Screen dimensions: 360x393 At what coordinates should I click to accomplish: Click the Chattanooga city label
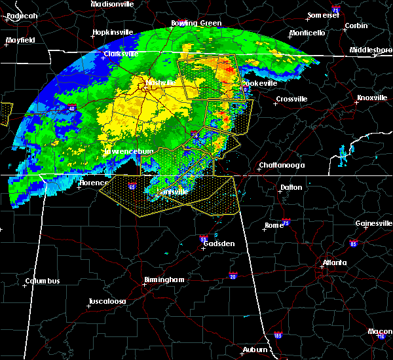282,166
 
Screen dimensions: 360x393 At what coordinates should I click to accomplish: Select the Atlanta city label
334,264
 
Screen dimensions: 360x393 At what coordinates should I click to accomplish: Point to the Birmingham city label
164,280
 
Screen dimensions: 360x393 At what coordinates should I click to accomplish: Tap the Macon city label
380,332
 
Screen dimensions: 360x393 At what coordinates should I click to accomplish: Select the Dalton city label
291,187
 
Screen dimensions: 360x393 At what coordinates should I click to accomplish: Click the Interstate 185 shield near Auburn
278,334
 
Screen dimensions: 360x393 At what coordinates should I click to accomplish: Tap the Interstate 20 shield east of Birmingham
233,276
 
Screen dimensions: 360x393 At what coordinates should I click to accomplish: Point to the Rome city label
274,226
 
